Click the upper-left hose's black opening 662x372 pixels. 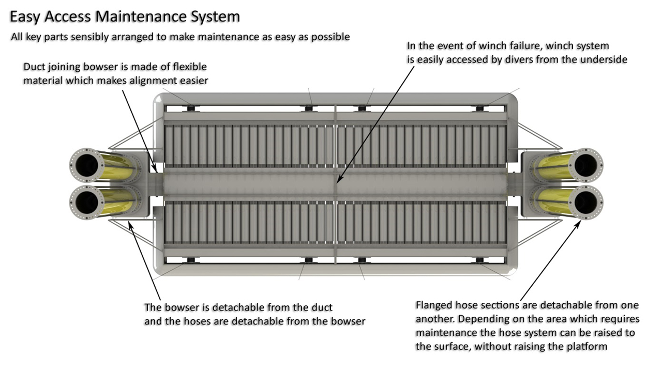86,165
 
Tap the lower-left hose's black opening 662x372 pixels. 86,203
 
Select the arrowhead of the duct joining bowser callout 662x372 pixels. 156,170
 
